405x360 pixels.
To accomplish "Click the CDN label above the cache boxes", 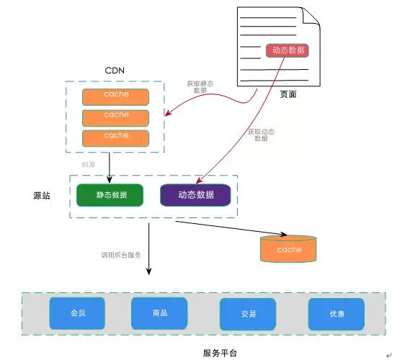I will click(116, 70).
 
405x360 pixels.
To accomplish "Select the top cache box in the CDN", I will click(116, 96).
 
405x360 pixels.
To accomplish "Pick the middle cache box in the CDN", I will click(116, 117).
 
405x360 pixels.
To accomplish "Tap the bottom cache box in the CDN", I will click(116, 138).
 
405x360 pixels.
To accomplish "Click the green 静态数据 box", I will click(110, 195).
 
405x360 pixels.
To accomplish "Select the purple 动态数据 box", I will click(196, 195).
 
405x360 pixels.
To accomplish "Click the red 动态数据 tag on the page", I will click(288, 50).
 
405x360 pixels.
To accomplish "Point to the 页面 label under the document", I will click(288, 94).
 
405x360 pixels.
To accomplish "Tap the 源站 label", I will click(42, 196).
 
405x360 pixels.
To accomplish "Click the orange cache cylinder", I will click(289, 249).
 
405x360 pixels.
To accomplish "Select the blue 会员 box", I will click(77, 313).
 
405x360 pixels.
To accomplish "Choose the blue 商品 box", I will click(159, 313).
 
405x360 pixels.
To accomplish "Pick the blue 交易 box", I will click(248, 314).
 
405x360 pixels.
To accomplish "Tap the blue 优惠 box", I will click(336, 314).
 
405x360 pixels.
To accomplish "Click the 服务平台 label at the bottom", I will click(219, 353).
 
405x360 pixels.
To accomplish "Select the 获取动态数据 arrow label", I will click(261, 135).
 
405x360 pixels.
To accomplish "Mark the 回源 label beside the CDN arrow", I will click(89, 164).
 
